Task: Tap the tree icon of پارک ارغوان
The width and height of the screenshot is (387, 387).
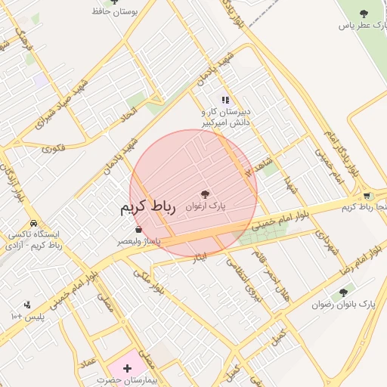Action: coord(205,194)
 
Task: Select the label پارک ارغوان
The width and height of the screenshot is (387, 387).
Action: coord(206,206)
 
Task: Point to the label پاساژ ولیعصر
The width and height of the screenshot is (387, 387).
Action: coord(138,241)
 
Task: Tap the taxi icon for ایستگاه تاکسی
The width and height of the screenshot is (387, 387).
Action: coord(34,224)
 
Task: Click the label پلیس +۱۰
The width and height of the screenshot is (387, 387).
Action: coord(28,315)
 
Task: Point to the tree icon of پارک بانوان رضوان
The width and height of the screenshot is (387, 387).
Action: coord(344,293)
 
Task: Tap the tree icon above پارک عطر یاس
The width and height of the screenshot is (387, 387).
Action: coord(364,13)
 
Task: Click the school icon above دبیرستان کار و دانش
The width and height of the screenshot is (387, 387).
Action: coord(224,100)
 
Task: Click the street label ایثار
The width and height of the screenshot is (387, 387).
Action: coord(200,258)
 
